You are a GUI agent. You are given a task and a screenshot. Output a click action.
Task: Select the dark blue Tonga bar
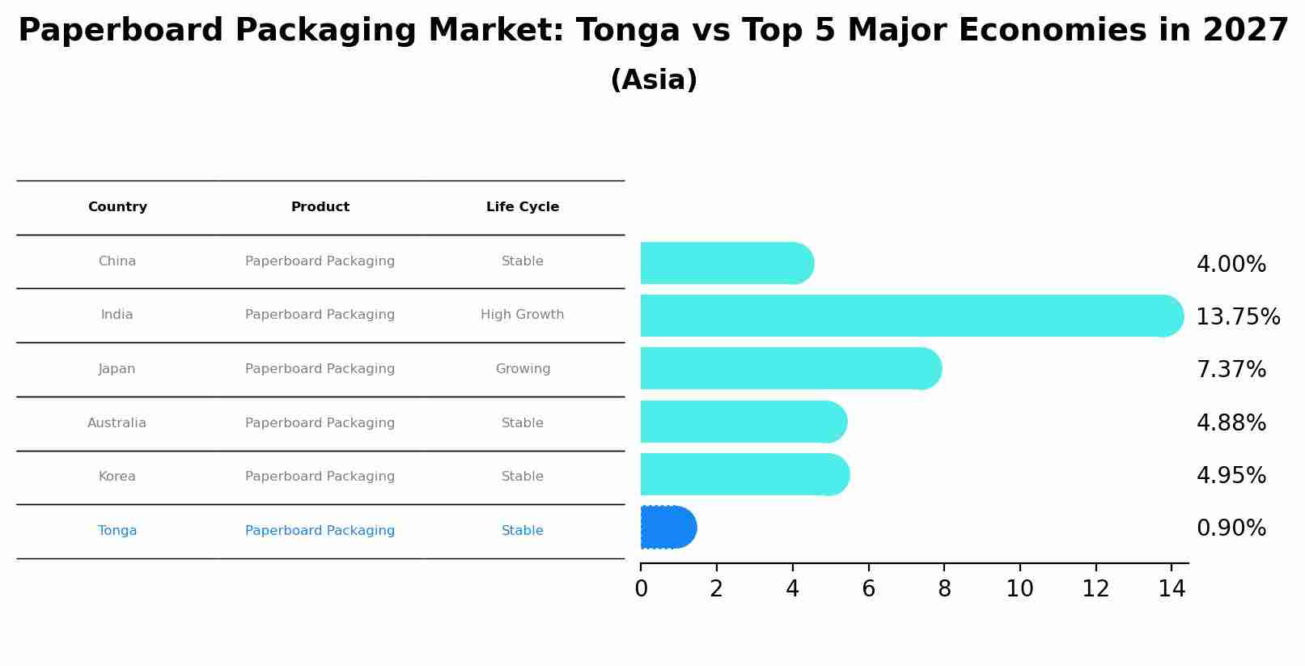667,528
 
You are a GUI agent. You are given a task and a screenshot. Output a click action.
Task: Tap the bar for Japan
789,369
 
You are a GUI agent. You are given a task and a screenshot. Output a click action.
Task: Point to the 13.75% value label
1237,317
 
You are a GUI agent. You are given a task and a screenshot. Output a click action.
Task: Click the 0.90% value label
1231,528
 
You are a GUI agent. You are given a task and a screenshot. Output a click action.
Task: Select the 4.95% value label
1231,476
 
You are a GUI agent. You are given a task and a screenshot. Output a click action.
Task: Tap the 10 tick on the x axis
1019,589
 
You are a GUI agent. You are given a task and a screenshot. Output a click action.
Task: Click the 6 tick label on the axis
868,589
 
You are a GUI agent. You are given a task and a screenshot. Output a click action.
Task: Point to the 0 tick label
641,589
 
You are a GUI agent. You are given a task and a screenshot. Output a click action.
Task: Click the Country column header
117,207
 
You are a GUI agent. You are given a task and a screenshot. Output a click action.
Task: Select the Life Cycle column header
523,207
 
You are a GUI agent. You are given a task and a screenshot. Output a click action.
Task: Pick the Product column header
320,207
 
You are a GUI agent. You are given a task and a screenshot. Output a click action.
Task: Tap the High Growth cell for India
523,315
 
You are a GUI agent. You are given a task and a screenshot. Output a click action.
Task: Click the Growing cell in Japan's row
523,369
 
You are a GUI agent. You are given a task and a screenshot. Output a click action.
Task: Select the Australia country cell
117,423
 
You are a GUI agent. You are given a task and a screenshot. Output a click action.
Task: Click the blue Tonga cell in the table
117,531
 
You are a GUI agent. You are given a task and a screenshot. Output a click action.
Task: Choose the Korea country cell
117,477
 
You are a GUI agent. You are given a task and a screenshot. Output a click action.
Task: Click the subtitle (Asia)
654,80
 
